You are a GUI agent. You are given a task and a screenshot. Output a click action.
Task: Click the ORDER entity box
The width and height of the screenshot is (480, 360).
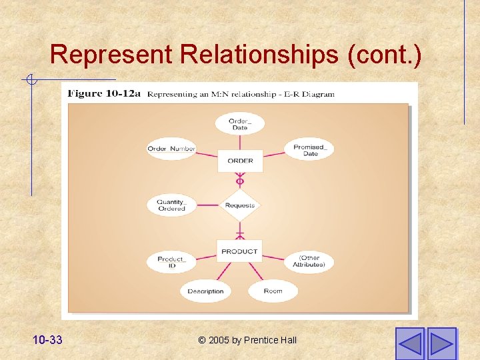pyautogui.click(x=240, y=161)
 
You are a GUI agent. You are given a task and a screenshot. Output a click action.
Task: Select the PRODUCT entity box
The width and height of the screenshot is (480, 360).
pyautogui.click(x=239, y=251)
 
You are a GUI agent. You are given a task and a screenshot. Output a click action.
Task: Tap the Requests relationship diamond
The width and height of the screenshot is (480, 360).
pyautogui.click(x=240, y=205)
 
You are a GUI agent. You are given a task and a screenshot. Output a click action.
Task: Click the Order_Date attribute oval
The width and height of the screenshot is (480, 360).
pyautogui.click(x=239, y=124)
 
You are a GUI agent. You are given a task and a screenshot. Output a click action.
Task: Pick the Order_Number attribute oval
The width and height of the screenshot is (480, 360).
pyautogui.click(x=171, y=149)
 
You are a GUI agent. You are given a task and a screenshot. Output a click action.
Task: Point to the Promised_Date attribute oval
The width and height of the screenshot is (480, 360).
pyautogui.click(x=309, y=150)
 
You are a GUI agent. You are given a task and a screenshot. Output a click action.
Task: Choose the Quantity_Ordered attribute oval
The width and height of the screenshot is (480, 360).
pyautogui.click(x=171, y=205)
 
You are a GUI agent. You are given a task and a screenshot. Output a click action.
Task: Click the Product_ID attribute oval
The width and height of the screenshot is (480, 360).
pyautogui.click(x=171, y=262)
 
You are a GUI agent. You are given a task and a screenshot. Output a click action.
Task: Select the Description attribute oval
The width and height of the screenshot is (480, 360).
pyautogui.click(x=205, y=291)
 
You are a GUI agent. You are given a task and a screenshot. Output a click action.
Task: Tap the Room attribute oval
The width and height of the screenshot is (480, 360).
pyautogui.click(x=273, y=291)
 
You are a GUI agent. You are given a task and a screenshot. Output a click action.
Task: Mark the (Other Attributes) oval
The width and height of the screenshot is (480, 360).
pyautogui.click(x=309, y=261)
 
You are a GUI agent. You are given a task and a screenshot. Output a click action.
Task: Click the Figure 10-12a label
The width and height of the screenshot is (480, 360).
pyautogui.click(x=104, y=94)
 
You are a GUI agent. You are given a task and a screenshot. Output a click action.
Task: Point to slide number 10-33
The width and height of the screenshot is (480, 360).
pyautogui.click(x=47, y=340)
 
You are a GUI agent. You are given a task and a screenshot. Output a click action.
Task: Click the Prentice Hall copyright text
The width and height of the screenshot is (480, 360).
pyautogui.click(x=247, y=340)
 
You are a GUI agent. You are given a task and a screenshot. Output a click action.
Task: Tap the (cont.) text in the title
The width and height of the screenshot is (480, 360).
pyautogui.click(x=384, y=55)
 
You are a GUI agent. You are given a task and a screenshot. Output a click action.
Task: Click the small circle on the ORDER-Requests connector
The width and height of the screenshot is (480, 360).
pyautogui.click(x=240, y=181)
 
